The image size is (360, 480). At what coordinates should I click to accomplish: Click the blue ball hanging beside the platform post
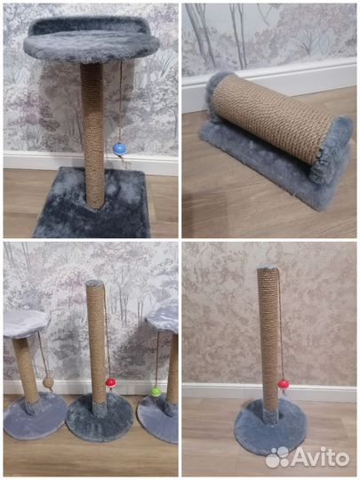(118, 148)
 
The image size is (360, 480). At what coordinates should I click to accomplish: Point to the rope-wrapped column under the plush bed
(92, 133)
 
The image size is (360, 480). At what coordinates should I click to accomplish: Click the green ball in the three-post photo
(156, 391)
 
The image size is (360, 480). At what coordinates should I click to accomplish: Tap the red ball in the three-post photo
(111, 383)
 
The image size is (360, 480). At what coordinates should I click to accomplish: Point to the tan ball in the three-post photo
(49, 383)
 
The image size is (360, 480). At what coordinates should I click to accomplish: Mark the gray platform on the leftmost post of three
(25, 322)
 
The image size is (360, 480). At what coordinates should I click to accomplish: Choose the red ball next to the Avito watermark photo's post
(283, 384)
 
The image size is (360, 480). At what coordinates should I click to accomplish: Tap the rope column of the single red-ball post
(268, 338)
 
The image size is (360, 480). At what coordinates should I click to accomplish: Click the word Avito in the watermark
(321, 458)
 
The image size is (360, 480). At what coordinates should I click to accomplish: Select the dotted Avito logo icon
(278, 457)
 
